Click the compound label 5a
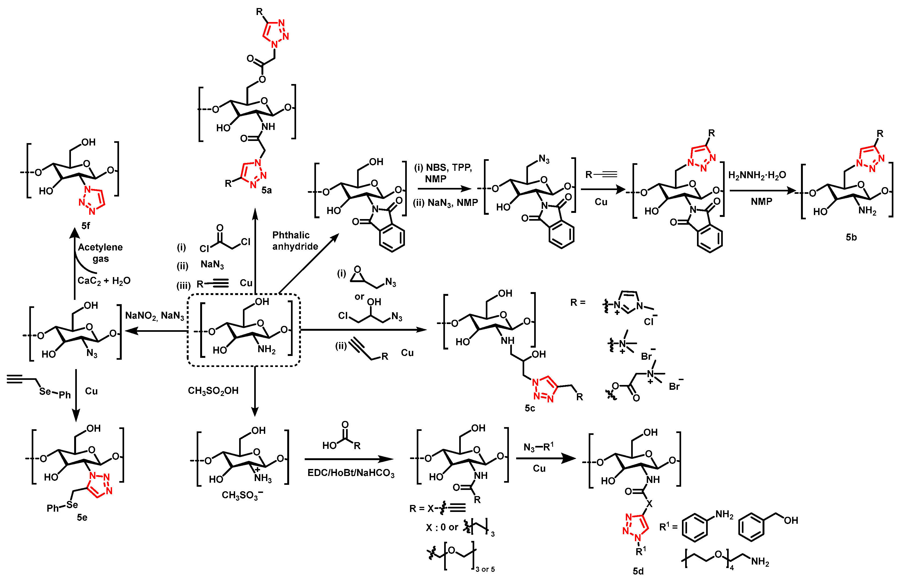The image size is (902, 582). click(266, 190)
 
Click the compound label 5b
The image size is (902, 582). click(851, 237)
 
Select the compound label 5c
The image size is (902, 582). click(530, 408)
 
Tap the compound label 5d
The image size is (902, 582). click(638, 571)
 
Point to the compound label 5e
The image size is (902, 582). click(82, 517)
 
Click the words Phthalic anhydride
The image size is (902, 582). click(295, 241)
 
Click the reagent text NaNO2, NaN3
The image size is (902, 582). click(155, 316)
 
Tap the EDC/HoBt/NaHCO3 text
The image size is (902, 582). click(351, 473)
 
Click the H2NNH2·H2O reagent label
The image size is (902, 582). click(757, 175)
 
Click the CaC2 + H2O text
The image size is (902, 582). click(104, 281)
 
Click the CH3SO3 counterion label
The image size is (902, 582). click(242, 495)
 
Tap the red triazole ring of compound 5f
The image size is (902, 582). click(92, 200)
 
